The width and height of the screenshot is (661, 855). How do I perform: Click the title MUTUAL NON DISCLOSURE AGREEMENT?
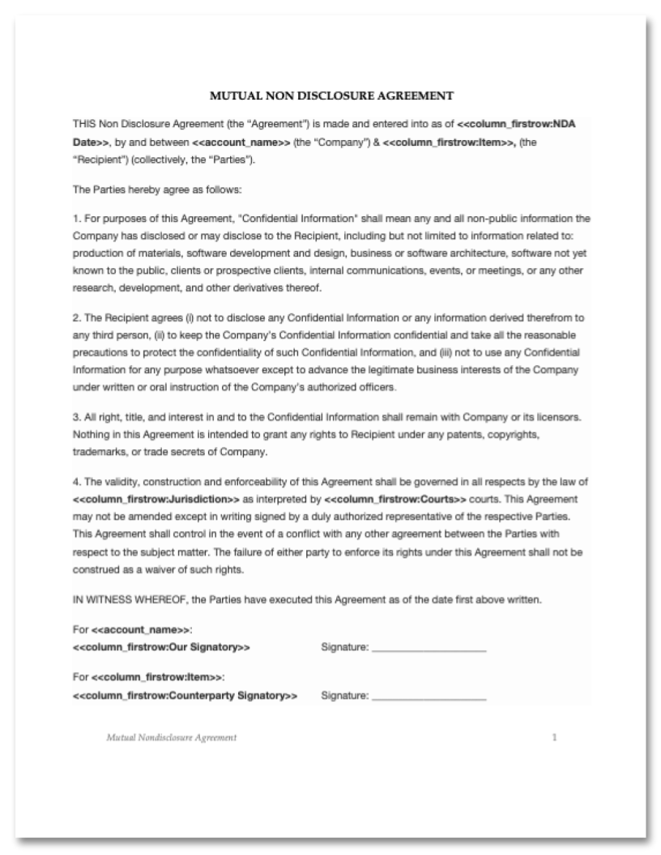click(330, 96)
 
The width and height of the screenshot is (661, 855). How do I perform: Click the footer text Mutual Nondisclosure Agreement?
click(167, 738)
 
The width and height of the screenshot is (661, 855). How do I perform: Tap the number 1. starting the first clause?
click(76, 219)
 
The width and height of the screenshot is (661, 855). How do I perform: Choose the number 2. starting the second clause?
click(76, 320)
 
